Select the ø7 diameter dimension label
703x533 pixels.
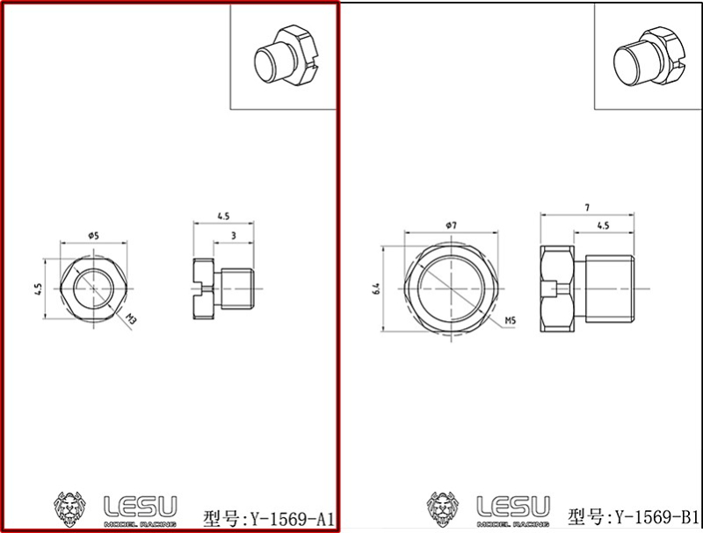pyautogui.click(x=450, y=226)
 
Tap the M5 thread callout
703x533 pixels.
pyautogui.click(x=510, y=322)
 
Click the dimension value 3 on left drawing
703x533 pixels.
pyautogui.click(x=232, y=236)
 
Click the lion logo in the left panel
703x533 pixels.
pyautogui.click(x=72, y=509)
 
